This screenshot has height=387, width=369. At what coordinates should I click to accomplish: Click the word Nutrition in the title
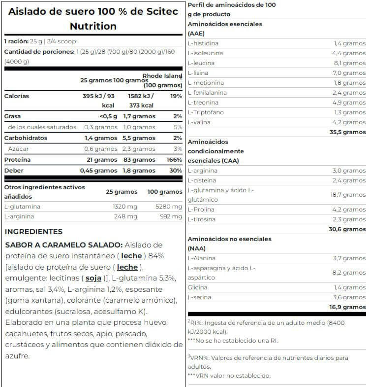[93, 26]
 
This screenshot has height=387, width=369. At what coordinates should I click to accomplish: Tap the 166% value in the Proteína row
[175, 160]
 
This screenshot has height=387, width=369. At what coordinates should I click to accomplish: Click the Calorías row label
[17, 96]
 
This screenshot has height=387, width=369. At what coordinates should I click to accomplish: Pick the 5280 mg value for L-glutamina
[169, 207]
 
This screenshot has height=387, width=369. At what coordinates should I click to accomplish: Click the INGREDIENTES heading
[33, 232]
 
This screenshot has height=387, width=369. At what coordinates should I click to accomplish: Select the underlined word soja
[93, 278]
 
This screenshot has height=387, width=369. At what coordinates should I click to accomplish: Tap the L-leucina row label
[201, 63]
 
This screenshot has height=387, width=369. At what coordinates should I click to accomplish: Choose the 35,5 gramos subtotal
[347, 132]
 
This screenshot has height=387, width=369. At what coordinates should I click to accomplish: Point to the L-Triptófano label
[206, 112]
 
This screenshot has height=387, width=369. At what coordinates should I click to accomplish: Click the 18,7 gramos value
[347, 195]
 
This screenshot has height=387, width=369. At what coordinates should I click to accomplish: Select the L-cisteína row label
[203, 180]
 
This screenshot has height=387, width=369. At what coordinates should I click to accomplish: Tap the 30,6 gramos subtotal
[347, 229]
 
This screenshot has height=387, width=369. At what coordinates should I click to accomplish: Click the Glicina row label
[197, 287]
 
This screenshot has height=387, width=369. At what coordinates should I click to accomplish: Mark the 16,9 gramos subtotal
[347, 307]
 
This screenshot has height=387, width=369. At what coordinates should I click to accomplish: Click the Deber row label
[14, 171]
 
